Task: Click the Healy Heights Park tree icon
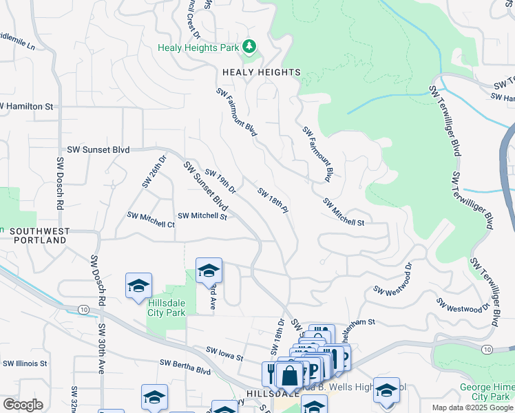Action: pos(249,47)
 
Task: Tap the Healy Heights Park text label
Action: pos(198,48)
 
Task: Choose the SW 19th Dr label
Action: pos(220,182)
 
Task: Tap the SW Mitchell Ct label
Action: pos(151,220)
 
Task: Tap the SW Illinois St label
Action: pos(25,363)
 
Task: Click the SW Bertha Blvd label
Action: pos(185,367)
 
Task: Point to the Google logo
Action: pos(23,405)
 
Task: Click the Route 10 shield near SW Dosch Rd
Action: pos(83,310)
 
